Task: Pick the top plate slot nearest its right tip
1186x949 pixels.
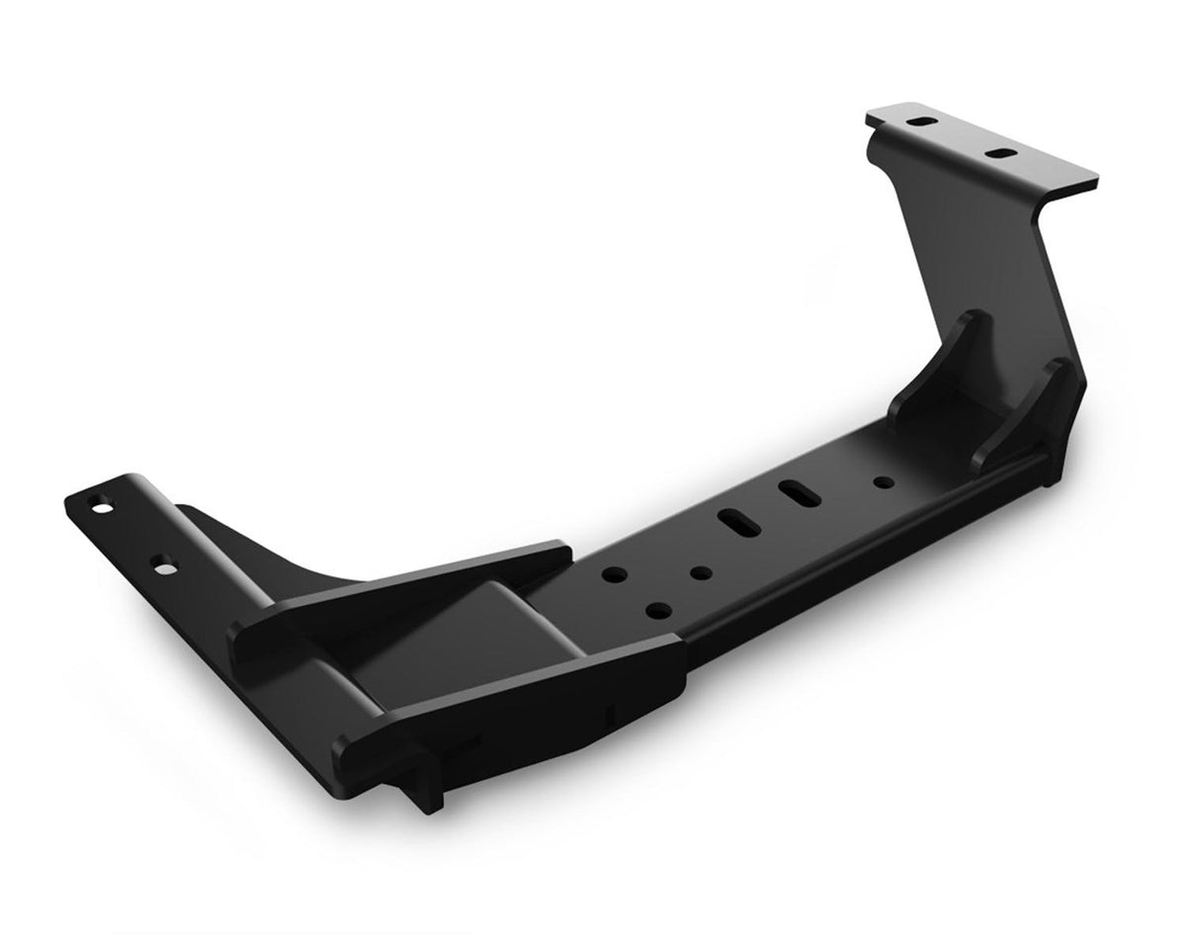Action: click(1001, 154)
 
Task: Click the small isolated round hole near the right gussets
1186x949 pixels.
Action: click(881, 481)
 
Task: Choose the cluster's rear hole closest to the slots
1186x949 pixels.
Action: click(702, 572)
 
